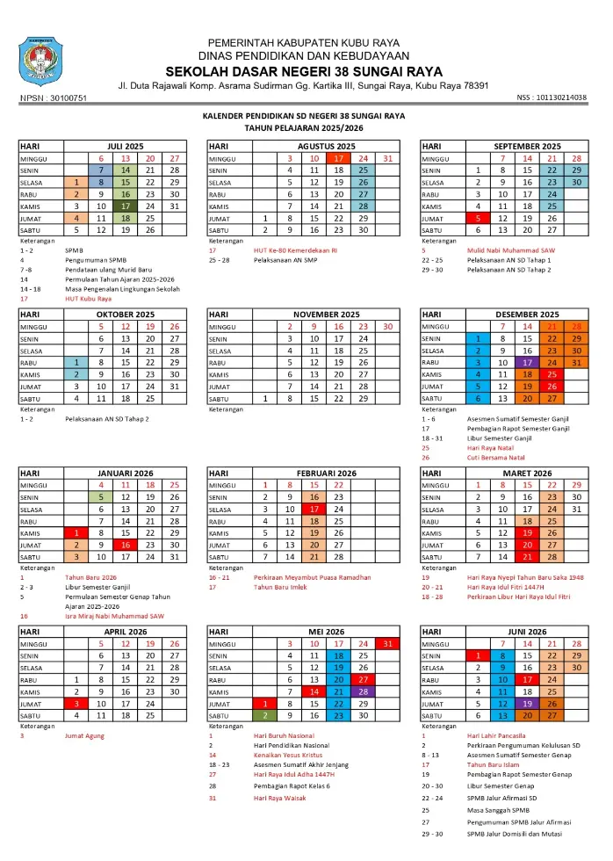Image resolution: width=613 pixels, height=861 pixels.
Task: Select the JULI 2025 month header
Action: (125, 146)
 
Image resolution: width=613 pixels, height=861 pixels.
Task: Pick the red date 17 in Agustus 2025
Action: (338, 158)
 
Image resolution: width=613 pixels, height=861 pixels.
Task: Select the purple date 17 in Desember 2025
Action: (527, 363)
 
